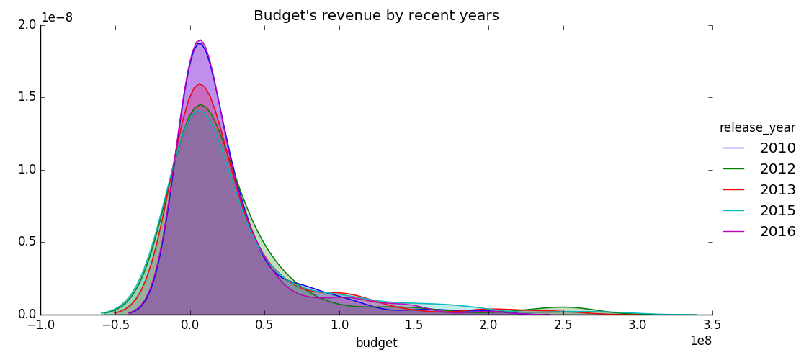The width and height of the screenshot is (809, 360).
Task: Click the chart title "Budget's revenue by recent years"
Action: point(376,16)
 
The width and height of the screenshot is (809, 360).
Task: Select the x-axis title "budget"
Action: point(376,343)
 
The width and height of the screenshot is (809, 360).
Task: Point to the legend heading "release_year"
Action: point(757,128)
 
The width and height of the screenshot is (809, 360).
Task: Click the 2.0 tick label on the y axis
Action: point(27,25)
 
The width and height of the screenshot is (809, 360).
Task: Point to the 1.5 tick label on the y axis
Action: point(27,98)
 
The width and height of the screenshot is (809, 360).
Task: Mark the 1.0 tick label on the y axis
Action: point(27,171)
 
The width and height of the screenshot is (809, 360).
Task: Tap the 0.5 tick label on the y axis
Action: point(27,243)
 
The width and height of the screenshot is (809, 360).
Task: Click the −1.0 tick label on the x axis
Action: point(40,325)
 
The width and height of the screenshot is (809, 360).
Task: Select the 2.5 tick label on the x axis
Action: point(563,325)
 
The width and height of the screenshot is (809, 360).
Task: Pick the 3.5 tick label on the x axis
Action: point(712,325)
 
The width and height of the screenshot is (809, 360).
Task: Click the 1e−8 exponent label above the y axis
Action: point(56,17)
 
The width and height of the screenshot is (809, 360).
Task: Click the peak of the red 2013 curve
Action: point(199,84)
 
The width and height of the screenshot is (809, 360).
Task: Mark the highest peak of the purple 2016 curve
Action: point(200,40)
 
